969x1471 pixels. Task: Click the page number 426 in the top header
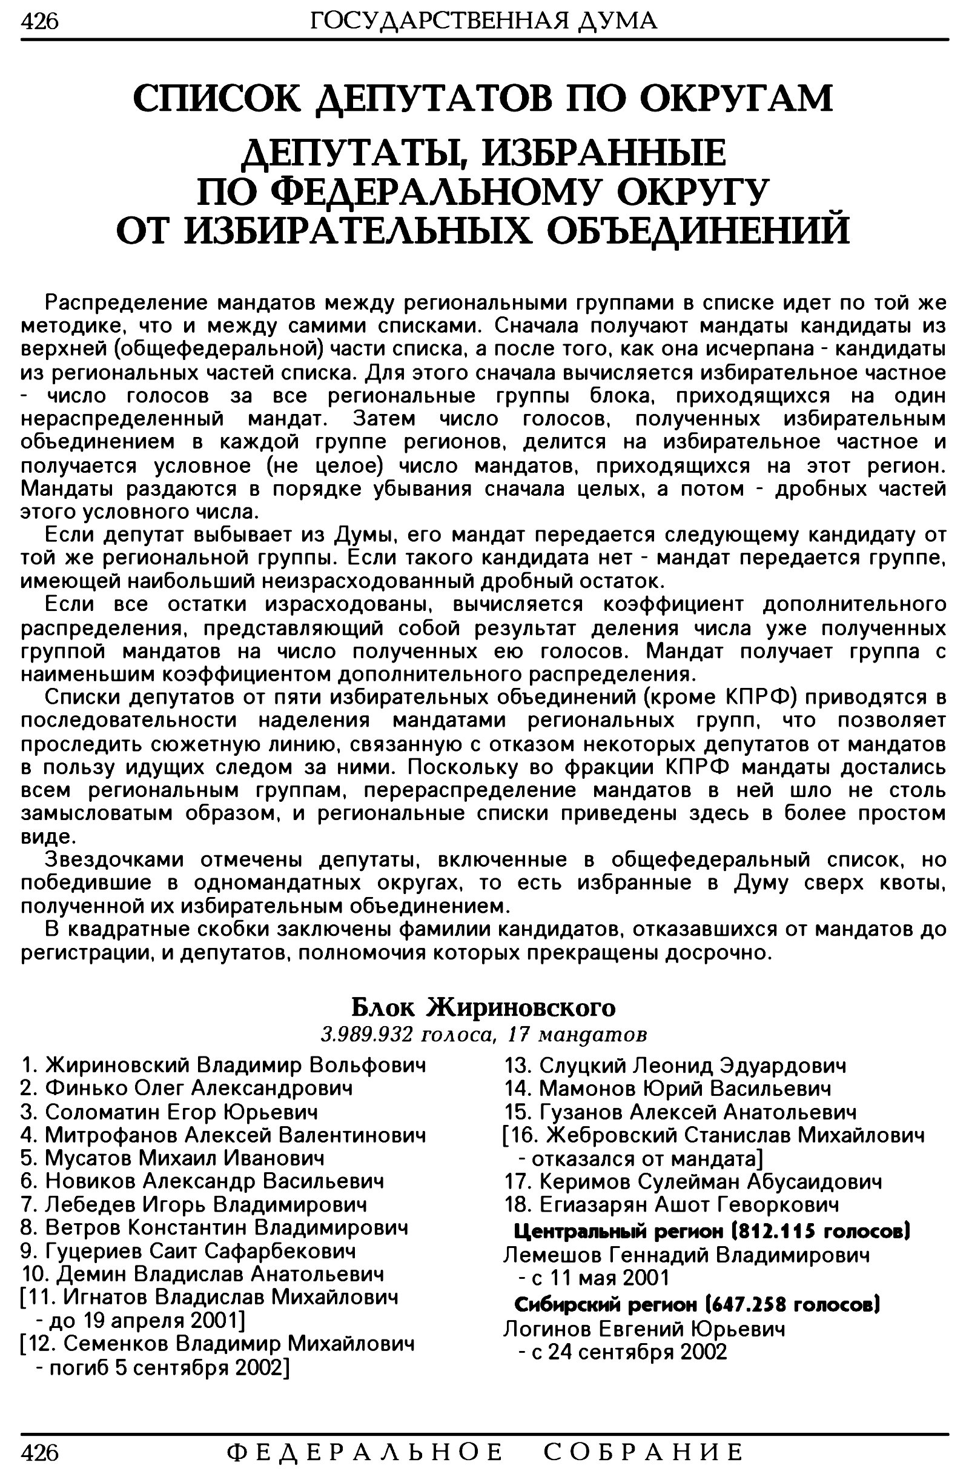(39, 22)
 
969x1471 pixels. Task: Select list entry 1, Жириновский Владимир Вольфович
(223, 1065)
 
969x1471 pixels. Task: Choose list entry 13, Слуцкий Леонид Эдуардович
(675, 1066)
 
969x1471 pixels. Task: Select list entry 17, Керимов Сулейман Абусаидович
(693, 1182)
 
